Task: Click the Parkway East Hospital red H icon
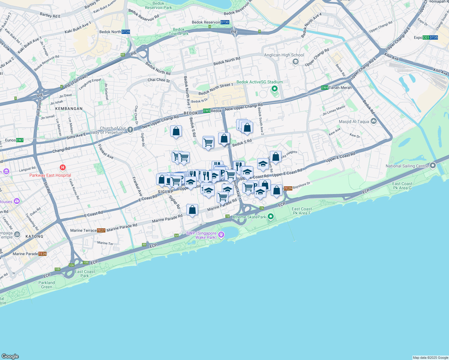click(63, 167)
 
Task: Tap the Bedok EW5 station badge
click(207, 111)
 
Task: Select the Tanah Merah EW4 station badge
click(324, 88)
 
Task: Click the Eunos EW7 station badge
click(20, 140)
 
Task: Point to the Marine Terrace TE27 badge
click(101, 230)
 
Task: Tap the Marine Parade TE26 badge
click(43, 254)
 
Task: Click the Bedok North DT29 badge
click(126, 32)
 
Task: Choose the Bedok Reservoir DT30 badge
click(225, 22)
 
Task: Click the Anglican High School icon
click(296, 61)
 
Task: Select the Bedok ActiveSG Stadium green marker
click(274, 89)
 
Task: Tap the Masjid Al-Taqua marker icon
click(374, 121)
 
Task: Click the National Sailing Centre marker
click(432, 166)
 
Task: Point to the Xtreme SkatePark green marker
click(271, 216)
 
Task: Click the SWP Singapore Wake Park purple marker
click(221, 235)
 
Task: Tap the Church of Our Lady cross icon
click(130, 130)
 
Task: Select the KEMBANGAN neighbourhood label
click(69, 109)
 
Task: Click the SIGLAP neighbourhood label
click(165, 192)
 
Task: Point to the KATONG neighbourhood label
click(34, 236)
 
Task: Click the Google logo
click(10, 356)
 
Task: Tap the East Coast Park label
click(85, 274)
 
